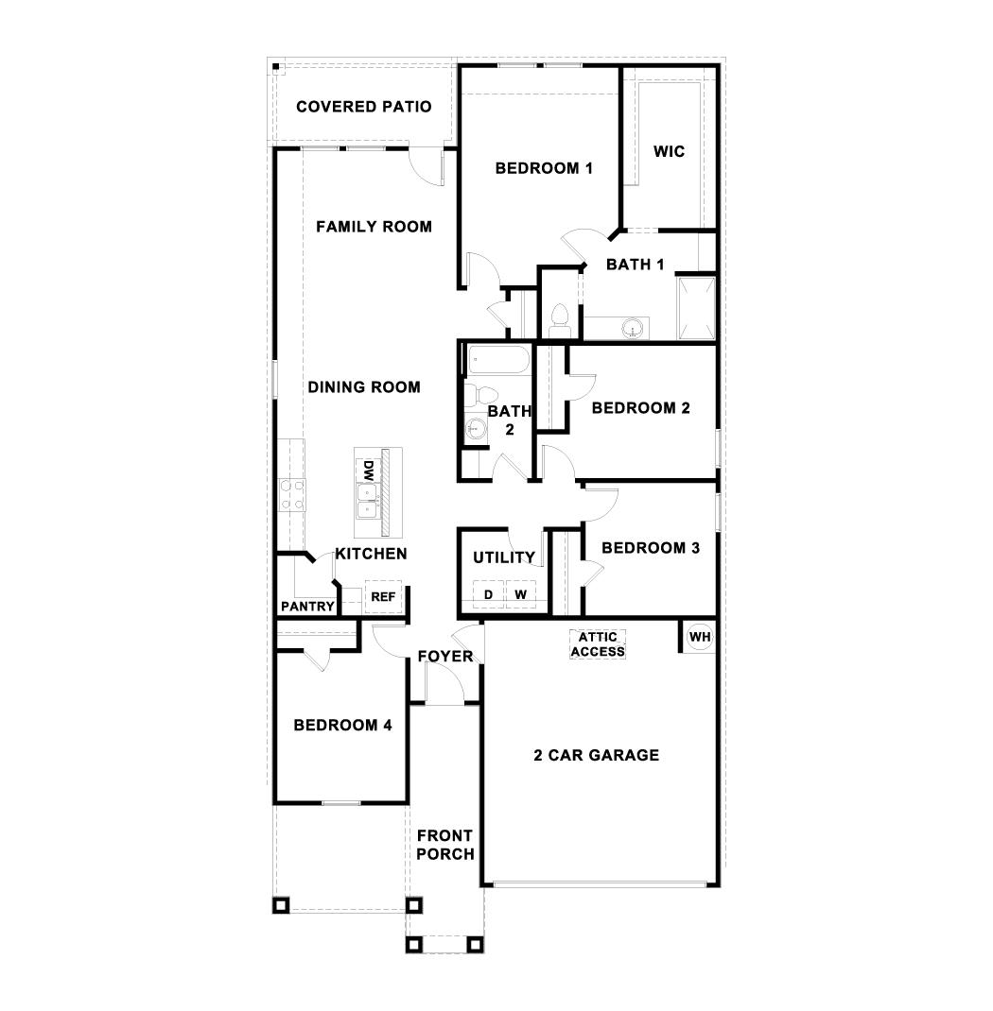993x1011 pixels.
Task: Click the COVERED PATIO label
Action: pyautogui.click(x=363, y=107)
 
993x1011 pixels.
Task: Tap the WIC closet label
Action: pyautogui.click(x=670, y=151)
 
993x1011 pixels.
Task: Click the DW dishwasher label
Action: pyautogui.click(x=365, y=470)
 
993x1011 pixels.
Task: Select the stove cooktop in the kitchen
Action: pyautogui.click(x=291, y=495)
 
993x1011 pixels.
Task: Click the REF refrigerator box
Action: pyautogui.click(x=383, y=597)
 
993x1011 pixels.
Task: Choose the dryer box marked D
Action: pyautogui.click(x=488, y=594)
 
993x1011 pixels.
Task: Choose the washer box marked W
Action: pyautogui.click(x=520, y=594)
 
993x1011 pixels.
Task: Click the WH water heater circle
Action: pyautogui.click(x=699, y=637)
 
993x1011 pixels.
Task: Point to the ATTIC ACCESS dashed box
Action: pyautogui.click(x=597, y=644)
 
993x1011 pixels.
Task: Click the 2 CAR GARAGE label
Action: pyautogui.click(x=596, y=755)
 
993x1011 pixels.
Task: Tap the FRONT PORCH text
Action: pyautogui.click(x=444, y=845)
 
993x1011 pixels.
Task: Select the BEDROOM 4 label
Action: pyautogui.click(x=342, y=726)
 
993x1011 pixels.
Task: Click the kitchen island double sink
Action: pyautogui.click(x=365, y=501)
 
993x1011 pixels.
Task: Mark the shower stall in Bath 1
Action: pyautogui.click(x=697, y=307)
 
